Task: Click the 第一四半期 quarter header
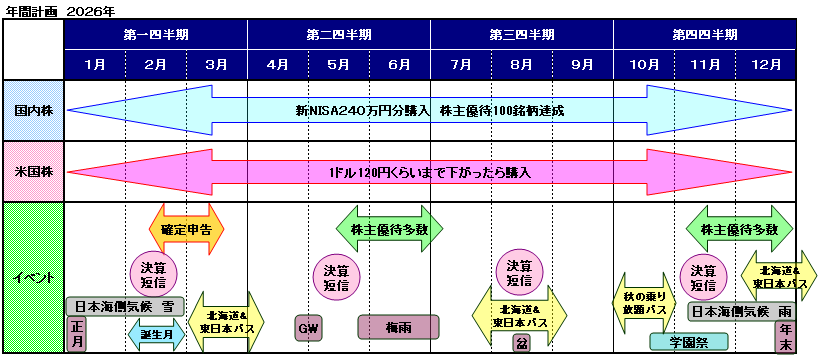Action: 155,33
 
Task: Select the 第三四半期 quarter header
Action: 521,33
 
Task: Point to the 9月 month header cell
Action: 582,64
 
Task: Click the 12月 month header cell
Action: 765,64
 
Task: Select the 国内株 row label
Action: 33,110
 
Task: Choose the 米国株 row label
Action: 33,172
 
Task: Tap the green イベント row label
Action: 33,277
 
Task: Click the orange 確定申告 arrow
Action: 186,229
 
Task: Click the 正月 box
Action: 77,334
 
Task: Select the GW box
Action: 307,328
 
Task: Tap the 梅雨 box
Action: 398,328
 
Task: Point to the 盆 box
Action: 521,343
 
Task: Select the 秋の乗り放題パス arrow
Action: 645,303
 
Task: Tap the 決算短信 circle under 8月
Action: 519,273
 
